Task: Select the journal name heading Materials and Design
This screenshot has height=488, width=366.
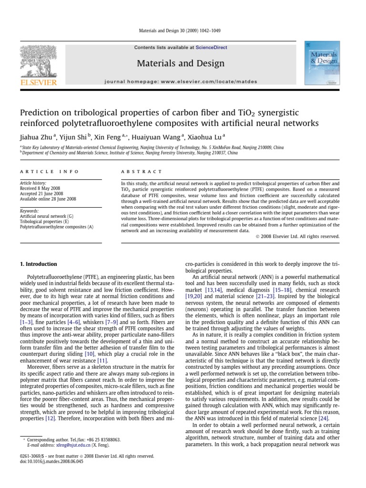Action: click(x=180, y=63)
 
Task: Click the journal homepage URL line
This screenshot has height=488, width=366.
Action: click(x=180, y=81)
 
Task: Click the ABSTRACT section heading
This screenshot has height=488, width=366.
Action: click(x=135, y=172)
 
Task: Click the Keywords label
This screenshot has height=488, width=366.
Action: click(x=29, y=211)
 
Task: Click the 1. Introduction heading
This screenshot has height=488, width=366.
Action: click(x=38, y=264)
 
